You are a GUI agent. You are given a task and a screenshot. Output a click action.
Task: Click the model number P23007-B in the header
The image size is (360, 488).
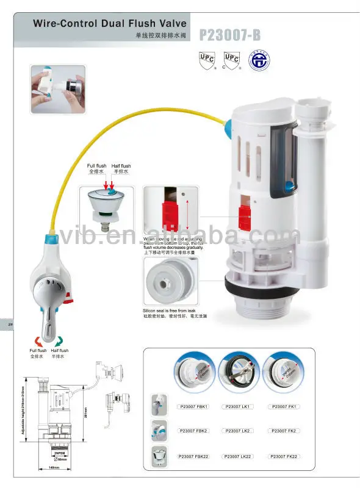(229, 35)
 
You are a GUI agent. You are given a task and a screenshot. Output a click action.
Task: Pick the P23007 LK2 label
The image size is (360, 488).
(236, 431)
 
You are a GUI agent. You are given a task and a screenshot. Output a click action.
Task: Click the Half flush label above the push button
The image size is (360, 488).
(121, 166)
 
